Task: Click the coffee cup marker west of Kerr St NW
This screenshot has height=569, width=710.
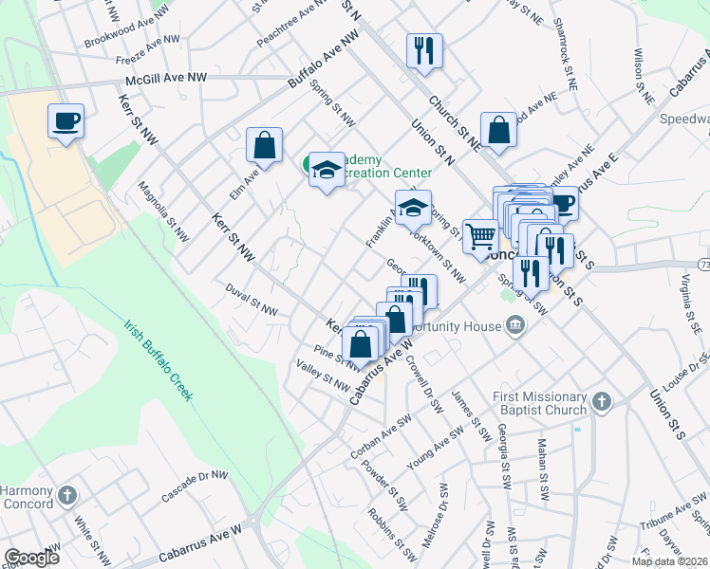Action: pyautogui.click(x=65, y=121)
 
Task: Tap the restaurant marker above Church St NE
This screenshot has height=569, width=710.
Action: pyautogui.click(x=423, y=49)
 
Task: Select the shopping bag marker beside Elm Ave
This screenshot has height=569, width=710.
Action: pyautogui.click(x=265, y=145)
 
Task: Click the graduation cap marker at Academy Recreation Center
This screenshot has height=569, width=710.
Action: pyautogui.click(x=326, y=170)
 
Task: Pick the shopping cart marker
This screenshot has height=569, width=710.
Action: pyautogui.click(x=481, y=236)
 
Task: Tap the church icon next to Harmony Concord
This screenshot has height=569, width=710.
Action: pyautogui.click(x=66, y=494)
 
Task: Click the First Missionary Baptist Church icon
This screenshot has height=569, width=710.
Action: pyautogui.click(x=599, y=403)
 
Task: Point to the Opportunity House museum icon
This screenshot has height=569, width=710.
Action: pyautogui.click(x=515, y=326)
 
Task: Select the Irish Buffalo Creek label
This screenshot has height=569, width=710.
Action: pyautogui.click(x=159, y=361)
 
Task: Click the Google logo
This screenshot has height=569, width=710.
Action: pyautogui.click(x=31, y=557)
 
